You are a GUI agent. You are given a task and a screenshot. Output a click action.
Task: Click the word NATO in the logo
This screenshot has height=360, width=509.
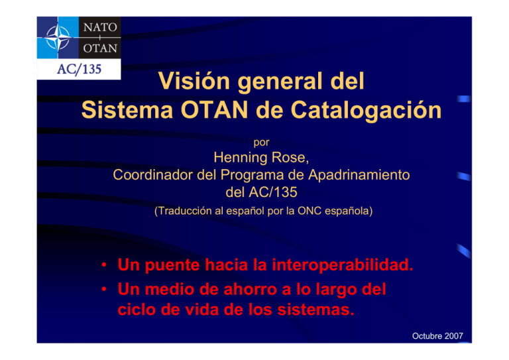tap(99, 29)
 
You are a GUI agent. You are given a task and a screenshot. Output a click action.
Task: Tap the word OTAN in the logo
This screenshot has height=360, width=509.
tap(99, 49)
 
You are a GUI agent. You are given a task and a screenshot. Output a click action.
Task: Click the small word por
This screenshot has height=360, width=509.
tap(261, 141)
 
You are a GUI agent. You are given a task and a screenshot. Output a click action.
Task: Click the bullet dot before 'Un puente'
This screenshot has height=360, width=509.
tap(105, 267)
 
